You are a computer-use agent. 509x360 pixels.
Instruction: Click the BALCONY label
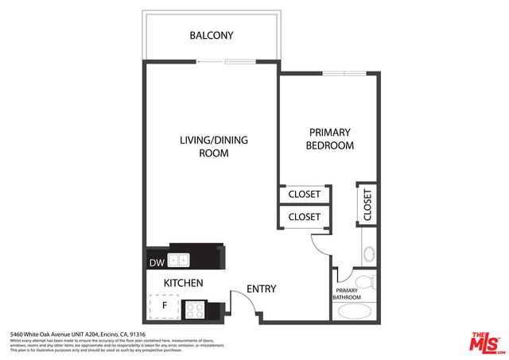tap(211, 36)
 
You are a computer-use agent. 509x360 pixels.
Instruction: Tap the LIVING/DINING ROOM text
tap(212, 146)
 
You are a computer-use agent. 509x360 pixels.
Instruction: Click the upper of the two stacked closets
tap(304, 194)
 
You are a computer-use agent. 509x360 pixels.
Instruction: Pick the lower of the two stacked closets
tap(304, 216)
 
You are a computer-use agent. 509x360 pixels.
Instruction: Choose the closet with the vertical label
tap(367, 204)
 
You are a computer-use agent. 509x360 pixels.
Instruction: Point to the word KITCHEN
tap(183, 283)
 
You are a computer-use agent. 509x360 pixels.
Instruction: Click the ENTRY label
tap(261, 289)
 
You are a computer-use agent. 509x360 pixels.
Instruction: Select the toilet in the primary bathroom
tap(366, 281)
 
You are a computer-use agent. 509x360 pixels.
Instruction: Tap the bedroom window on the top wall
tap(344, 73)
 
